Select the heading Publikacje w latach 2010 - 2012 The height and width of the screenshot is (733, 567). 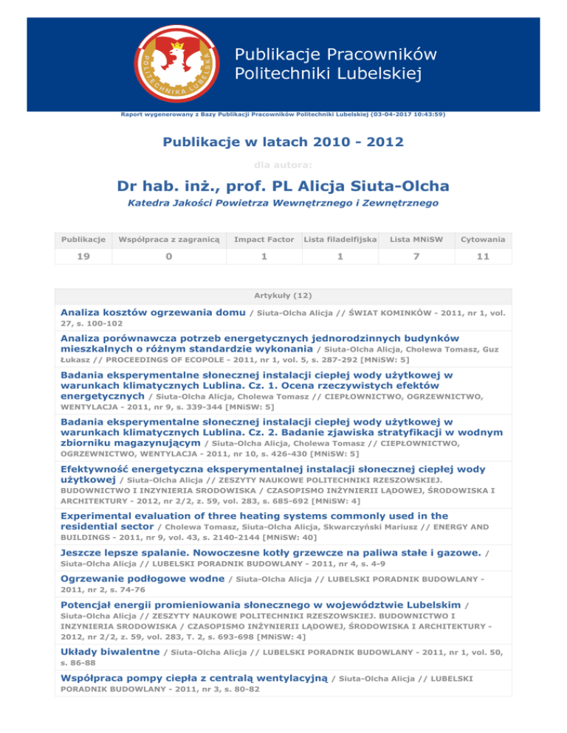[283, 145]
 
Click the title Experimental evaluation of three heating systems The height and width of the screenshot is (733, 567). [254, 516]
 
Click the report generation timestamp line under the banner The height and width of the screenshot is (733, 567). [283, 115]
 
